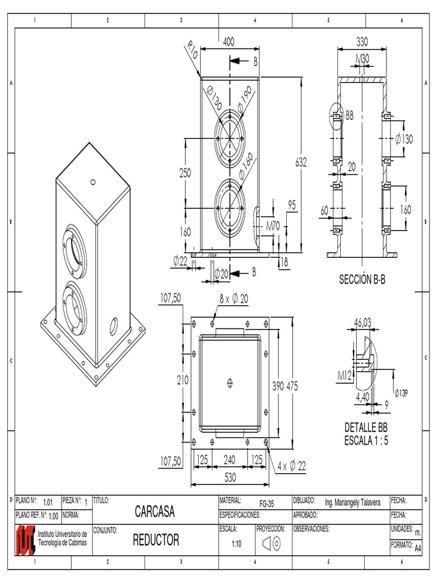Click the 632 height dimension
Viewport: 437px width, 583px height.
(300, 162)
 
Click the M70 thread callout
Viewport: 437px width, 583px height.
(274, 225)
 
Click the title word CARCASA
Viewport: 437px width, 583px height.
(154, 511)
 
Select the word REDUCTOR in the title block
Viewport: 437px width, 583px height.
(156, 540)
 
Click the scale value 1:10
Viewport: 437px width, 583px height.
(237, 544)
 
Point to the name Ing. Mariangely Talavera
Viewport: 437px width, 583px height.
(352, 504)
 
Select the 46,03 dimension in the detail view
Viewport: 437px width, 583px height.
(362, 323)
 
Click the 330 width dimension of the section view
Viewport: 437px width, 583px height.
(361, 42)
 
